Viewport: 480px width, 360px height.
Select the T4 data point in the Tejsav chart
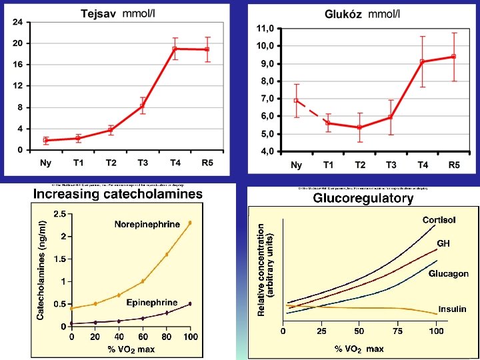[x=175, y=49]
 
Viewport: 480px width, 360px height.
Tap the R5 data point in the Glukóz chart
[x=454, y=57]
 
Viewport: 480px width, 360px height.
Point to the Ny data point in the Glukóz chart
[x=297, y=100]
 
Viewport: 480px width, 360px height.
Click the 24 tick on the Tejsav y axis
[x=17, y=22]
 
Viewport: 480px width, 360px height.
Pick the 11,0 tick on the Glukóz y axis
[x=265, y=29]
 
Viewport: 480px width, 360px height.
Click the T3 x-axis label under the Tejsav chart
[x=143, y=163]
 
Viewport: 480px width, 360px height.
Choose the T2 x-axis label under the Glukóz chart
[x=360, y=165]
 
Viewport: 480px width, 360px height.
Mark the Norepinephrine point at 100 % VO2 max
[x=190, y=223]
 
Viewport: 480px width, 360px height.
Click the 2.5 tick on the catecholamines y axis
[x=59, y=214]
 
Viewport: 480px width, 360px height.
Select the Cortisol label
[x=440, y=221]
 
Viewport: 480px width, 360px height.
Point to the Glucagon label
[x=448, y=274]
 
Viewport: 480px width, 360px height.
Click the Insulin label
[x=452, y=309]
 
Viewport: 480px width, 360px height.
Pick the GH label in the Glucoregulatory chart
[x=443, y=244]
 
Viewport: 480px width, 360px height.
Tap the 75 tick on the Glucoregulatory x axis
[x=398, y=331]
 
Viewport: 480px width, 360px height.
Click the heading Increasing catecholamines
[x=118, y=194]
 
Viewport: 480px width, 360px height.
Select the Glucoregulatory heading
[x=364, y=198]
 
